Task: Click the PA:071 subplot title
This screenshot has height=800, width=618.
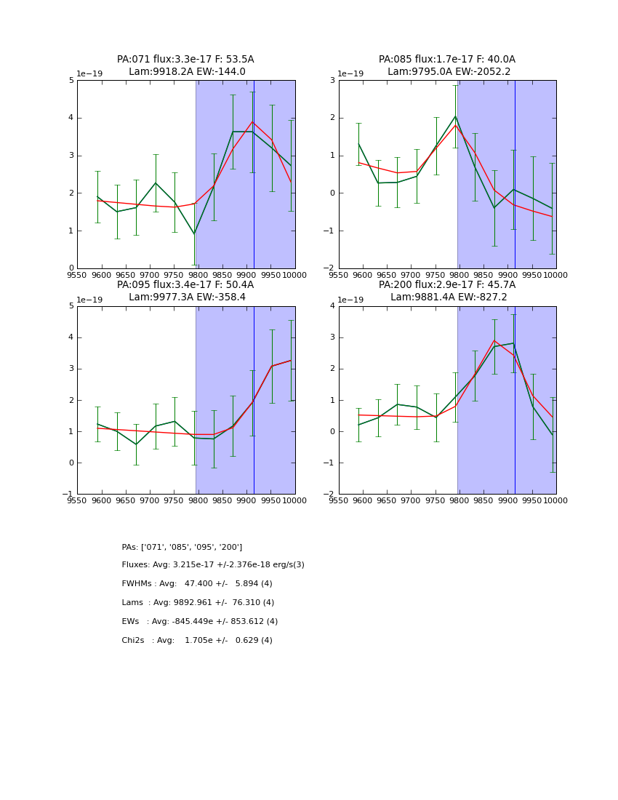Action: click(x=185, y=60)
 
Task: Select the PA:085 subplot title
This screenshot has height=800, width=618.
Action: click(x=446, y=60)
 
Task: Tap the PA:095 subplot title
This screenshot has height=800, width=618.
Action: click(x=185, y=285)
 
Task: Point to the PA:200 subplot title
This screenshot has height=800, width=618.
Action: click(x=446, y=285)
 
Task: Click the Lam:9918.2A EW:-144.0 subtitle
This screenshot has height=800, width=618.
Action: click(x=187, y=72)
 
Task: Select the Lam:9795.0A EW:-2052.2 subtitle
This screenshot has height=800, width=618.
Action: click(x=449, y=72)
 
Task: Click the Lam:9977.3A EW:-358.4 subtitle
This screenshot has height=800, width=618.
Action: click(x=187, y=297)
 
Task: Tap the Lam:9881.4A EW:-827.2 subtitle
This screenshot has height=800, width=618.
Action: click(x=449, y=297)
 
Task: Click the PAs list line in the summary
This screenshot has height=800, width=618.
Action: click(x=182, y=547)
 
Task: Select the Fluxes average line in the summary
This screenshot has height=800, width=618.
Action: click(x=213, y=565)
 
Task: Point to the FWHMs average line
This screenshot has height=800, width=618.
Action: click(x=197, y=584)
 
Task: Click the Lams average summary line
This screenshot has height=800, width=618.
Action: click(x=198, y=603)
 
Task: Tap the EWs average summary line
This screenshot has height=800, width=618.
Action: click(x=200, y=622)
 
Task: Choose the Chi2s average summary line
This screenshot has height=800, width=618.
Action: click(x=197, y=641)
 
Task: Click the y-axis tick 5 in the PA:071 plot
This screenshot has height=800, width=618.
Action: click(x=71, y=80)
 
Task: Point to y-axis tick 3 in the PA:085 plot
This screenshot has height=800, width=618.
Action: click(x=333, y=80)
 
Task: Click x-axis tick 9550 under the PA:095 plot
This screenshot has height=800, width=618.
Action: click(x=77, y=500)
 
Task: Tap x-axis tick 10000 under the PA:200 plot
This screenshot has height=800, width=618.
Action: click(x=555, y=500)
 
